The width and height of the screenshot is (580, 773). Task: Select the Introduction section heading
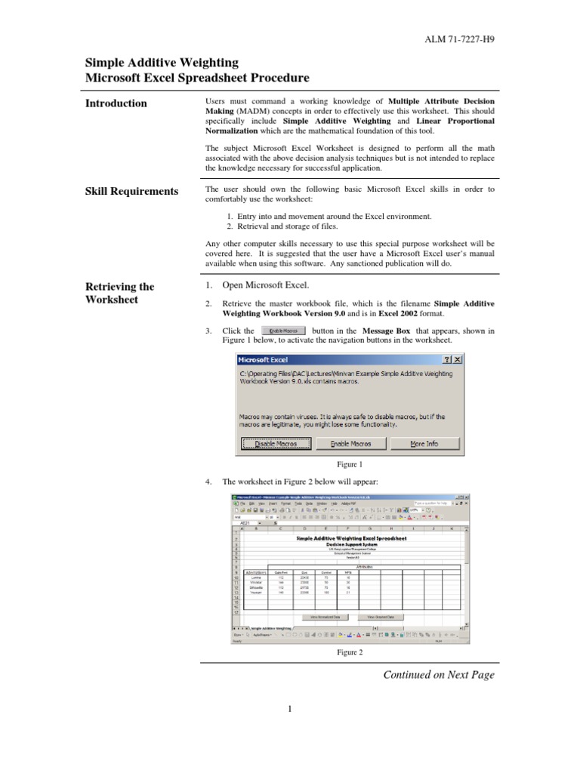[x=116, y=103]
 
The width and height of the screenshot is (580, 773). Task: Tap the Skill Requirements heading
[x=131, y=191]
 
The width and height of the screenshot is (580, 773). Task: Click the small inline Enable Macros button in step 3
[x=283, y=331]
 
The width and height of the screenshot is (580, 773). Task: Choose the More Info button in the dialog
[x=423, y=444]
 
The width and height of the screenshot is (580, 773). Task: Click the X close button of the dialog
[x=458, y=360]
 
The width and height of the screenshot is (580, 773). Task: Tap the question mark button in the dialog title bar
[x=447, y=360]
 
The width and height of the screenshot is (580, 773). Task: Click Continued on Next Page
[x=439, y=675]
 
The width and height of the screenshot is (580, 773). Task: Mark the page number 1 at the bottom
[x=290, y=708]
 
